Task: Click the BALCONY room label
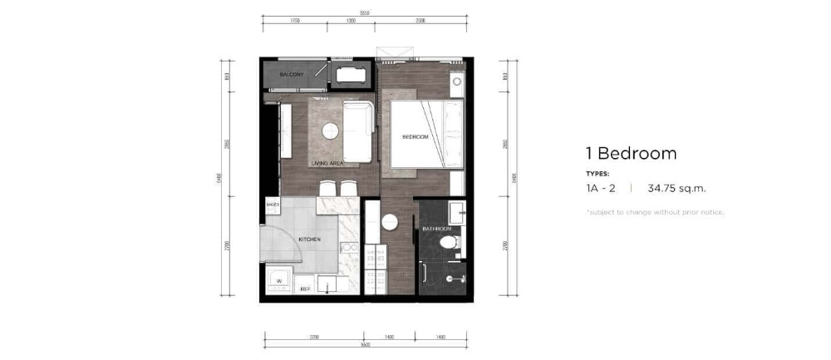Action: coord(291,76)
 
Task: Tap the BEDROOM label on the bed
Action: coord(415,137)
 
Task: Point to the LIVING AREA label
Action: coord(327,164)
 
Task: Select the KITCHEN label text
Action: coord(310,239)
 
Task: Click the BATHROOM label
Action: coord(436,229)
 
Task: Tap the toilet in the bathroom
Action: coord(449,244)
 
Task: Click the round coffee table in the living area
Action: coord(330,130)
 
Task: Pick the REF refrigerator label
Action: coord(305,289)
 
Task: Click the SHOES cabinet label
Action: coord(272,204)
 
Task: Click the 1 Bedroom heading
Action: coord(631,153)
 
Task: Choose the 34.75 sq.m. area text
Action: coord(681,189)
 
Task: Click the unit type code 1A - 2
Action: coord(602,189)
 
